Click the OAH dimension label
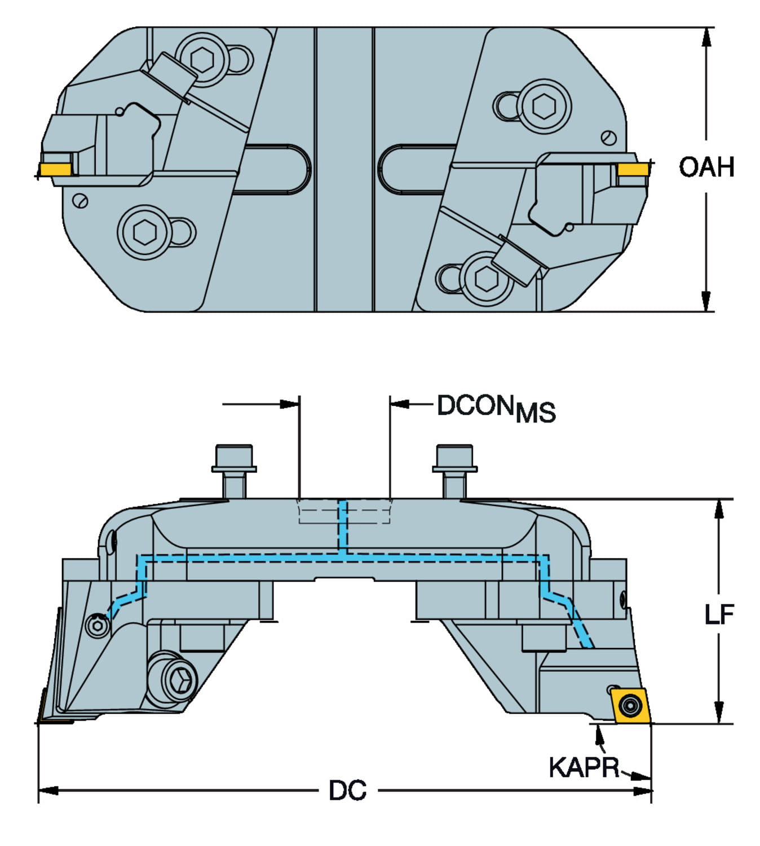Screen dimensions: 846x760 pyautogui.click(x=706, y=167)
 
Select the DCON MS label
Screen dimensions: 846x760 pyautogui.click(x=496, y=408)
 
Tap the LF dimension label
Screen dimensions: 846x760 pyautogui.click(x=719, y=614)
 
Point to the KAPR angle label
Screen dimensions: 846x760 pyautogui.click(x=584, y=768)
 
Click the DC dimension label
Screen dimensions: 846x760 pyautogui.click(x=347, y=791)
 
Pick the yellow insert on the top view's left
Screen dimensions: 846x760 pyautogui.click(x=55, y=169)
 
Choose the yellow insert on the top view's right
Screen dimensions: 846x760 pyautogui.click(x=633, y=169)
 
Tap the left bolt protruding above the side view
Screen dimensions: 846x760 pyautogui.click(x=234, y=469)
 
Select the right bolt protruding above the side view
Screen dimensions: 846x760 pyautogui.click(x=454, y=469)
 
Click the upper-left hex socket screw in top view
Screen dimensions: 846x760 pyautogui.click(x=201, y=57)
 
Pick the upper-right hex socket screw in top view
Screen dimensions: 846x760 pyautogui.click(x=544, y=106)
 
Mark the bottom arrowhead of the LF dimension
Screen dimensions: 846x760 pyautogui.click(x=719, y=715)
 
